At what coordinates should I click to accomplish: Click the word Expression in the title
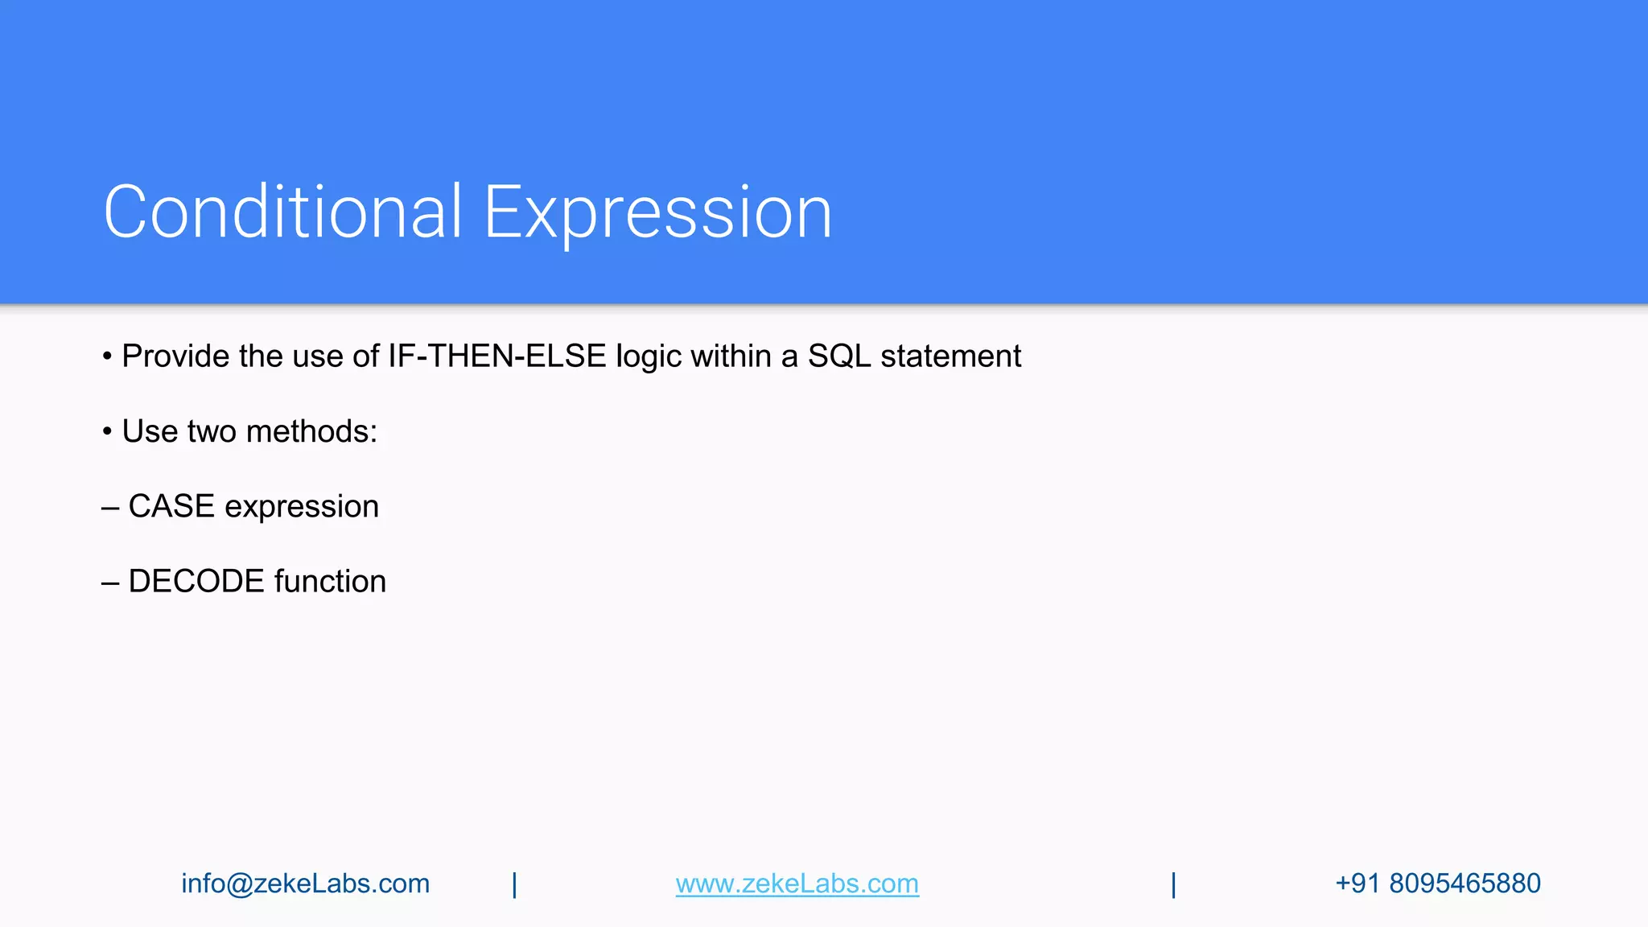tap(657, 213)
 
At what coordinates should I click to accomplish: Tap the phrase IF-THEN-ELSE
tap(496, 356)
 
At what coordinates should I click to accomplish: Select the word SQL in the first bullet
tap(839, 356)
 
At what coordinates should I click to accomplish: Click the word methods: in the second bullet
tap(311, 431)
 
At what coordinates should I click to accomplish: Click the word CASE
tap(171, 506)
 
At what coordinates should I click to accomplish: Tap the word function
tap(330, 581)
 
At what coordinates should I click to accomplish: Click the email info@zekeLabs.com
tap(305, 884)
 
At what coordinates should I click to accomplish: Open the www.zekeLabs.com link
tap(797, 884)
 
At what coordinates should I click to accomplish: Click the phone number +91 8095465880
tap(1437, 884)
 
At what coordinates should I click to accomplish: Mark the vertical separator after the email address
tap(514, 884)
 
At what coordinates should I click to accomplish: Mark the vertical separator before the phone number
tap(1173, 884)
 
